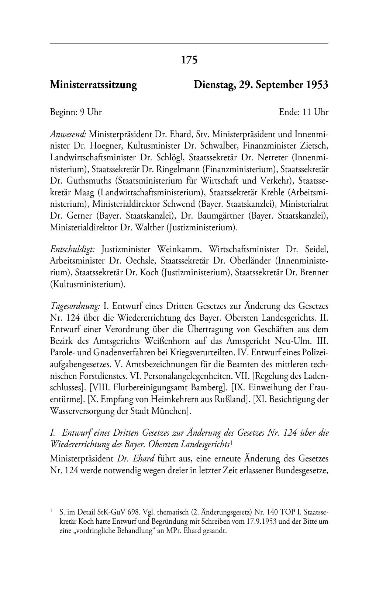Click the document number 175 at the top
pyautogui.click(x=189, y=60)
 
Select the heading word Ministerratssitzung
pyautogui.click(x=93, y=85)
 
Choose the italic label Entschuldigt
pyautogui.click(x=72, y=249)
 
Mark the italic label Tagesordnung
pyautogui.click(x=75, y=306)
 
